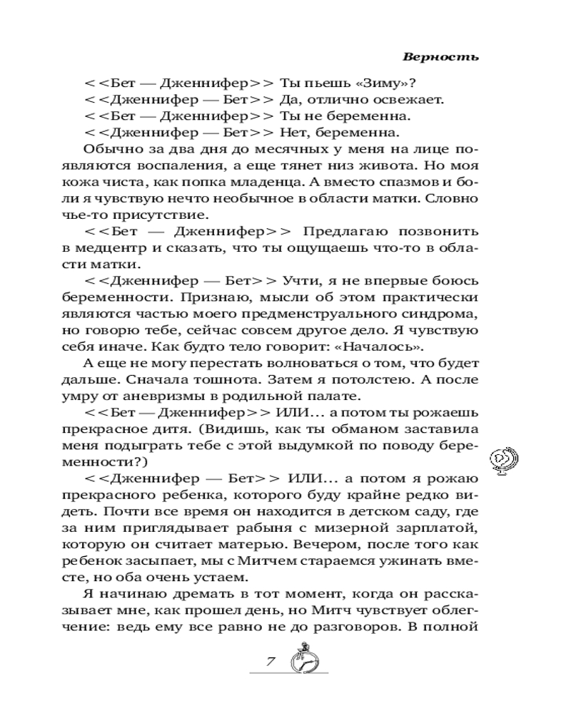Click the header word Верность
click(440, 56)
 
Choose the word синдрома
click(440, 314)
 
